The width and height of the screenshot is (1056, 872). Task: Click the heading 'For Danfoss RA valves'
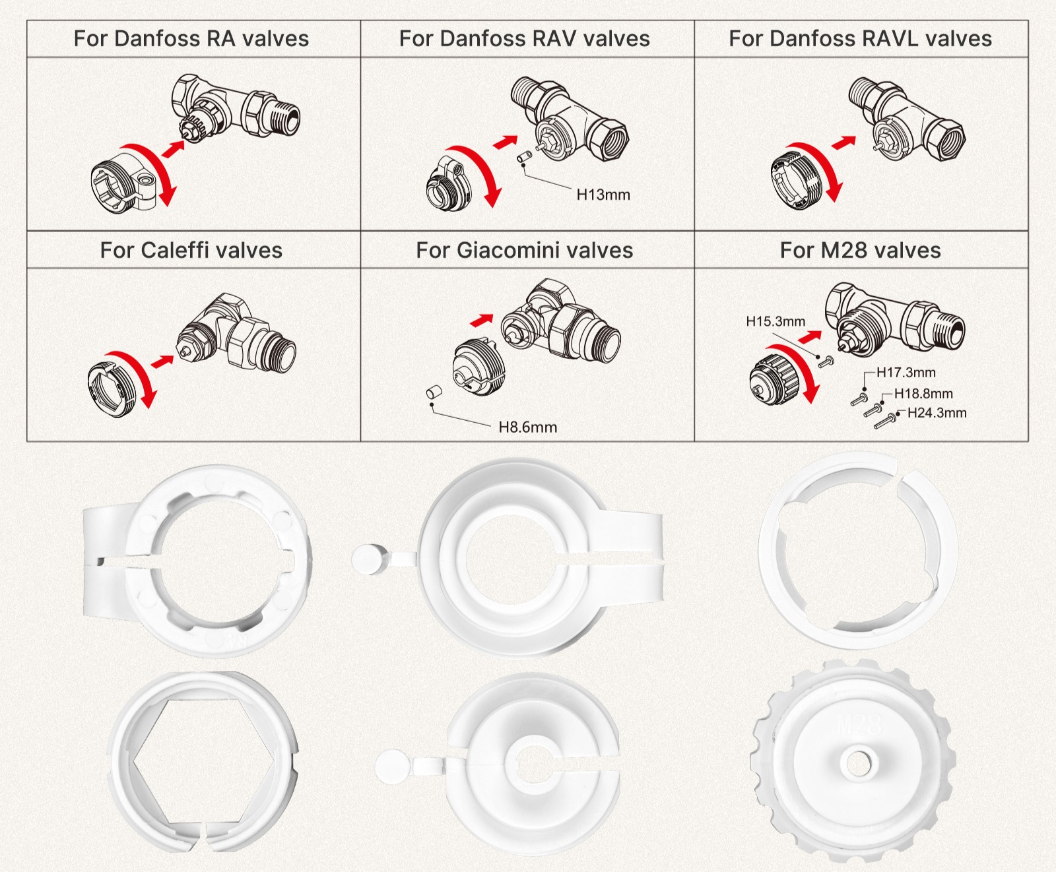pos(191,39)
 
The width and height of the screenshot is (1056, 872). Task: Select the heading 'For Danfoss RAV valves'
pos(525,39)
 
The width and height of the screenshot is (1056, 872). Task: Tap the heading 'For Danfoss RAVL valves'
pos(860,39)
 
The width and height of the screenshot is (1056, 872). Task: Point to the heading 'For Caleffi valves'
pos(191,251)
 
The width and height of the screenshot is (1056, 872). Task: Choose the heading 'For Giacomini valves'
pos(525,251)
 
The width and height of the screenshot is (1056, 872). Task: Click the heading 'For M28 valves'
pos(860,251)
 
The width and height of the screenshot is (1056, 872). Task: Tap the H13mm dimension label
pos(603,195)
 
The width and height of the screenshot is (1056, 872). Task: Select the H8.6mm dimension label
pos(527,427)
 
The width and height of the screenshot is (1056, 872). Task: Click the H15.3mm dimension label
pos(775,322)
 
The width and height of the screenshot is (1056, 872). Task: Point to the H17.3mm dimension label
pos(906,373)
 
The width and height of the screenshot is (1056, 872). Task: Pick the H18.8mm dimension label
pos(923,394)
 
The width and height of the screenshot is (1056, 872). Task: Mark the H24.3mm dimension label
pos(937,414)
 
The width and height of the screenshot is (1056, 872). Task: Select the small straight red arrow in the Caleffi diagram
pos(162,361)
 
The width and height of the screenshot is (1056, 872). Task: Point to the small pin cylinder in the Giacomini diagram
pos(434,392)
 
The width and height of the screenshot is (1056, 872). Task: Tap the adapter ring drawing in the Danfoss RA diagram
pos(122,183)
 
